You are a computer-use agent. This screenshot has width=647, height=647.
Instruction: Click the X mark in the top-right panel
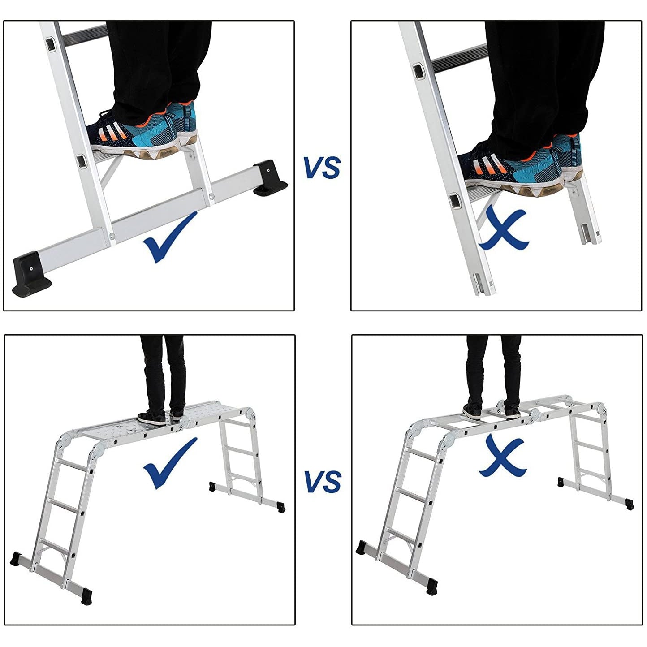click(x=504, y=228)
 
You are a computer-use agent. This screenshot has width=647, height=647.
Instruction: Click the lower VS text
click(x=323, y=481)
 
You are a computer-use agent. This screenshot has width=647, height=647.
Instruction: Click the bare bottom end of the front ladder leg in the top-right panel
click(x=485, y=284)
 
